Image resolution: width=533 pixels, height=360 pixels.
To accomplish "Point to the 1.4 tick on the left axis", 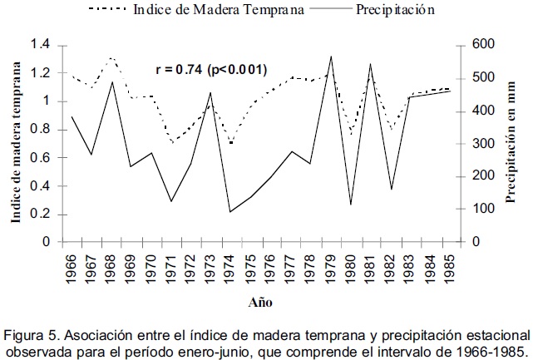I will (40, 44).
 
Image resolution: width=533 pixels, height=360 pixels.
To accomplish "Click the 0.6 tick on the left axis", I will (40, 157).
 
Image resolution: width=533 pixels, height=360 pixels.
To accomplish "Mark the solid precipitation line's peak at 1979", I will (331, 57).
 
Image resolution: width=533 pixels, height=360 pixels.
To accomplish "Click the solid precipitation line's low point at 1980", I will (351, 205).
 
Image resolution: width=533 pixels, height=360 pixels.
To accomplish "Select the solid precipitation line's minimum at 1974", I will (230, 211).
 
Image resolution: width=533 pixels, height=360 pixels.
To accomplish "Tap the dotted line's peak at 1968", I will (111, 58).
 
